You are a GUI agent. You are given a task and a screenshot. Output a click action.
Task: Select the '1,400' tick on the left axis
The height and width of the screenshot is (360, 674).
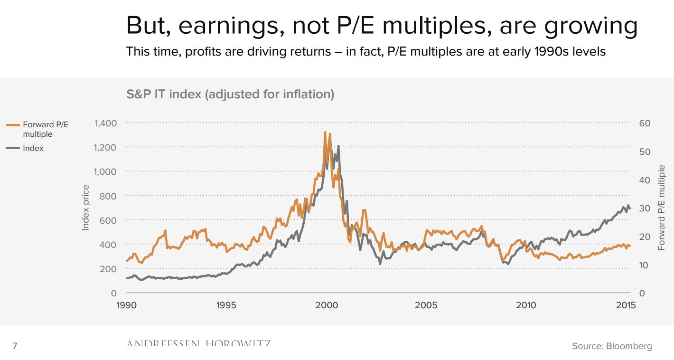(x=105, y=123)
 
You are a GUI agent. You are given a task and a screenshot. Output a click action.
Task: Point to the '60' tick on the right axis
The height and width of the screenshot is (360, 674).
(x=645, y=123)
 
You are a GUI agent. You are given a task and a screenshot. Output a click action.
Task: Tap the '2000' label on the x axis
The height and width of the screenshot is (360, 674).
(x=326, y=305)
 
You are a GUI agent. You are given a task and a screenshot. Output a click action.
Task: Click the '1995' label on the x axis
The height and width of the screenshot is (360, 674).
(x=226, y=305)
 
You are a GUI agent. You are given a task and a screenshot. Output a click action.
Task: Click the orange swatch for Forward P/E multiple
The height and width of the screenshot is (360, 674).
(x=13, y=125)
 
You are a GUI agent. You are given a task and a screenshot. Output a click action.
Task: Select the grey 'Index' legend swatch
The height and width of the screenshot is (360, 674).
(x=13, y=148)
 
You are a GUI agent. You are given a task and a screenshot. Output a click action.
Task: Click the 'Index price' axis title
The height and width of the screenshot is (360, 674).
(x=86, y=208)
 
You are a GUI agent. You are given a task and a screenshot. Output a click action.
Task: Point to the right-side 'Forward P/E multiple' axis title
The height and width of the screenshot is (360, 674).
(x=662, y=208)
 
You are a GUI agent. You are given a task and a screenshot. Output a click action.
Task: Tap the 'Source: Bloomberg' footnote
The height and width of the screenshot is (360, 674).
(x=612, y=346)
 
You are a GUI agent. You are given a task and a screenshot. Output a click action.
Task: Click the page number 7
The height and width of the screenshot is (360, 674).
(x=15, y=346)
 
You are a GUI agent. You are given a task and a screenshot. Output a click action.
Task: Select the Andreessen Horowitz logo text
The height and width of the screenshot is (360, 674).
(x=198, y=343)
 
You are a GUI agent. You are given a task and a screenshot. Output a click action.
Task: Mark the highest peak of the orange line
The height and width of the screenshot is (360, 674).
(x=325, y=133)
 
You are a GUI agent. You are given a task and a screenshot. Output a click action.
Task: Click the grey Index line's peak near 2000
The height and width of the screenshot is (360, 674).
(x=338, y=146)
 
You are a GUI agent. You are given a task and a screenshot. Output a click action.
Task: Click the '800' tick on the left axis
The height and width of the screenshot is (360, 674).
(x=108, y=196)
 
